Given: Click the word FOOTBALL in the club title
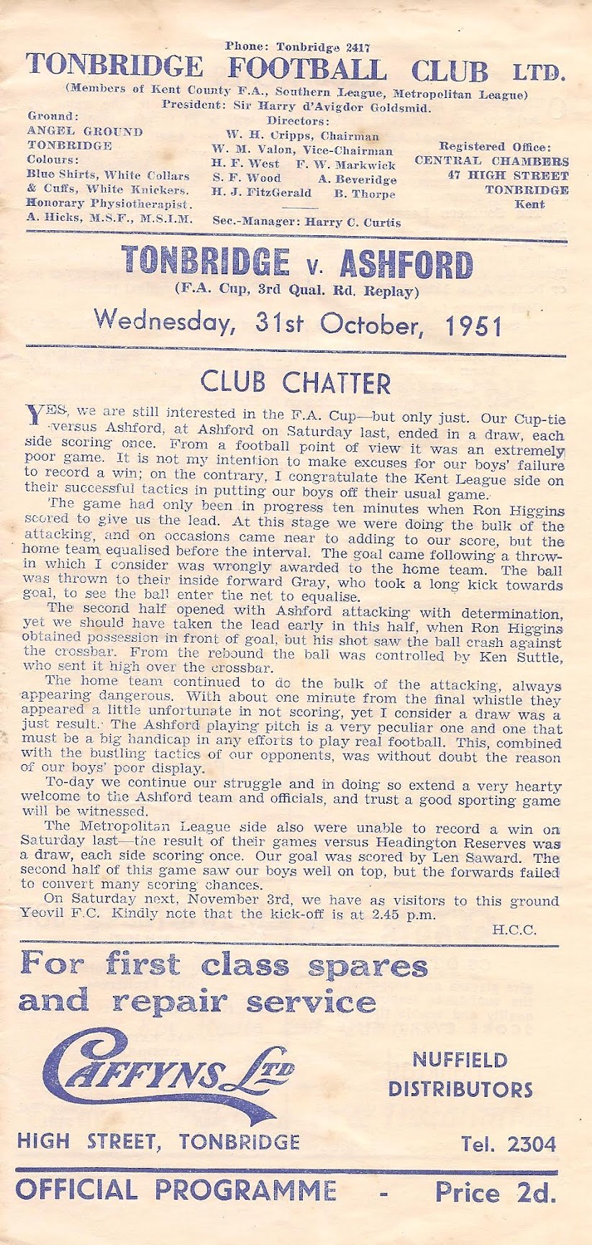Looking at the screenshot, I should (306, 70).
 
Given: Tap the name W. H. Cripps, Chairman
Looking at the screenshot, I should (302, 136).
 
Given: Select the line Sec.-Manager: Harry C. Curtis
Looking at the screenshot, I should (307, 222).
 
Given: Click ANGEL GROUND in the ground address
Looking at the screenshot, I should (85, 132).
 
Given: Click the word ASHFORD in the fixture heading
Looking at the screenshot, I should (406, 265).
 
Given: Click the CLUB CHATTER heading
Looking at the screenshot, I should (296, 382).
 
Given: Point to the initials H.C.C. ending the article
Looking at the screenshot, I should (514, 929).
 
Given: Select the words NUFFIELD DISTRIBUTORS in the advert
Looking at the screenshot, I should (460, 1074).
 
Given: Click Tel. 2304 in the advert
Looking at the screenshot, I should (509, 1144).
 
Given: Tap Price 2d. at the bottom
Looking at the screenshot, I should (496, 1192).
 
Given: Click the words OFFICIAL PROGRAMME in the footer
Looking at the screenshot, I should (176, 1190).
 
